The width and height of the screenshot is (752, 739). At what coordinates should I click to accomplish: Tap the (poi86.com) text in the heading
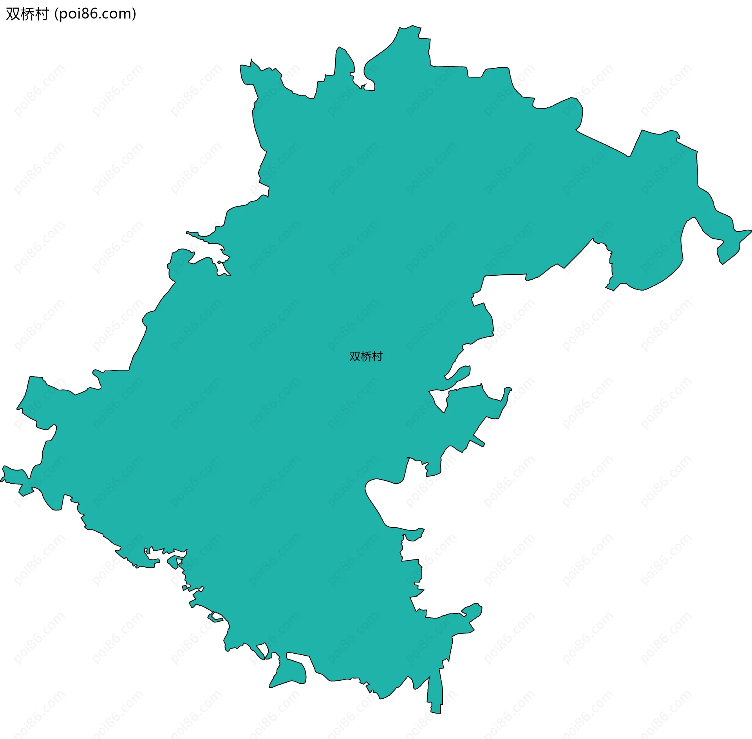[95, 14]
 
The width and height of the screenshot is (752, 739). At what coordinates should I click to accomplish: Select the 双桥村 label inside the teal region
[366, 356]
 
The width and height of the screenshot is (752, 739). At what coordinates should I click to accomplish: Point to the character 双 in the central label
[354, 356]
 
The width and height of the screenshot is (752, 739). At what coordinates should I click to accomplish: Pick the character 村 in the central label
[377, 356]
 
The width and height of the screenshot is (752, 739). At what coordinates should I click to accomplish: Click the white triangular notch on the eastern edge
[439, 399]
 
